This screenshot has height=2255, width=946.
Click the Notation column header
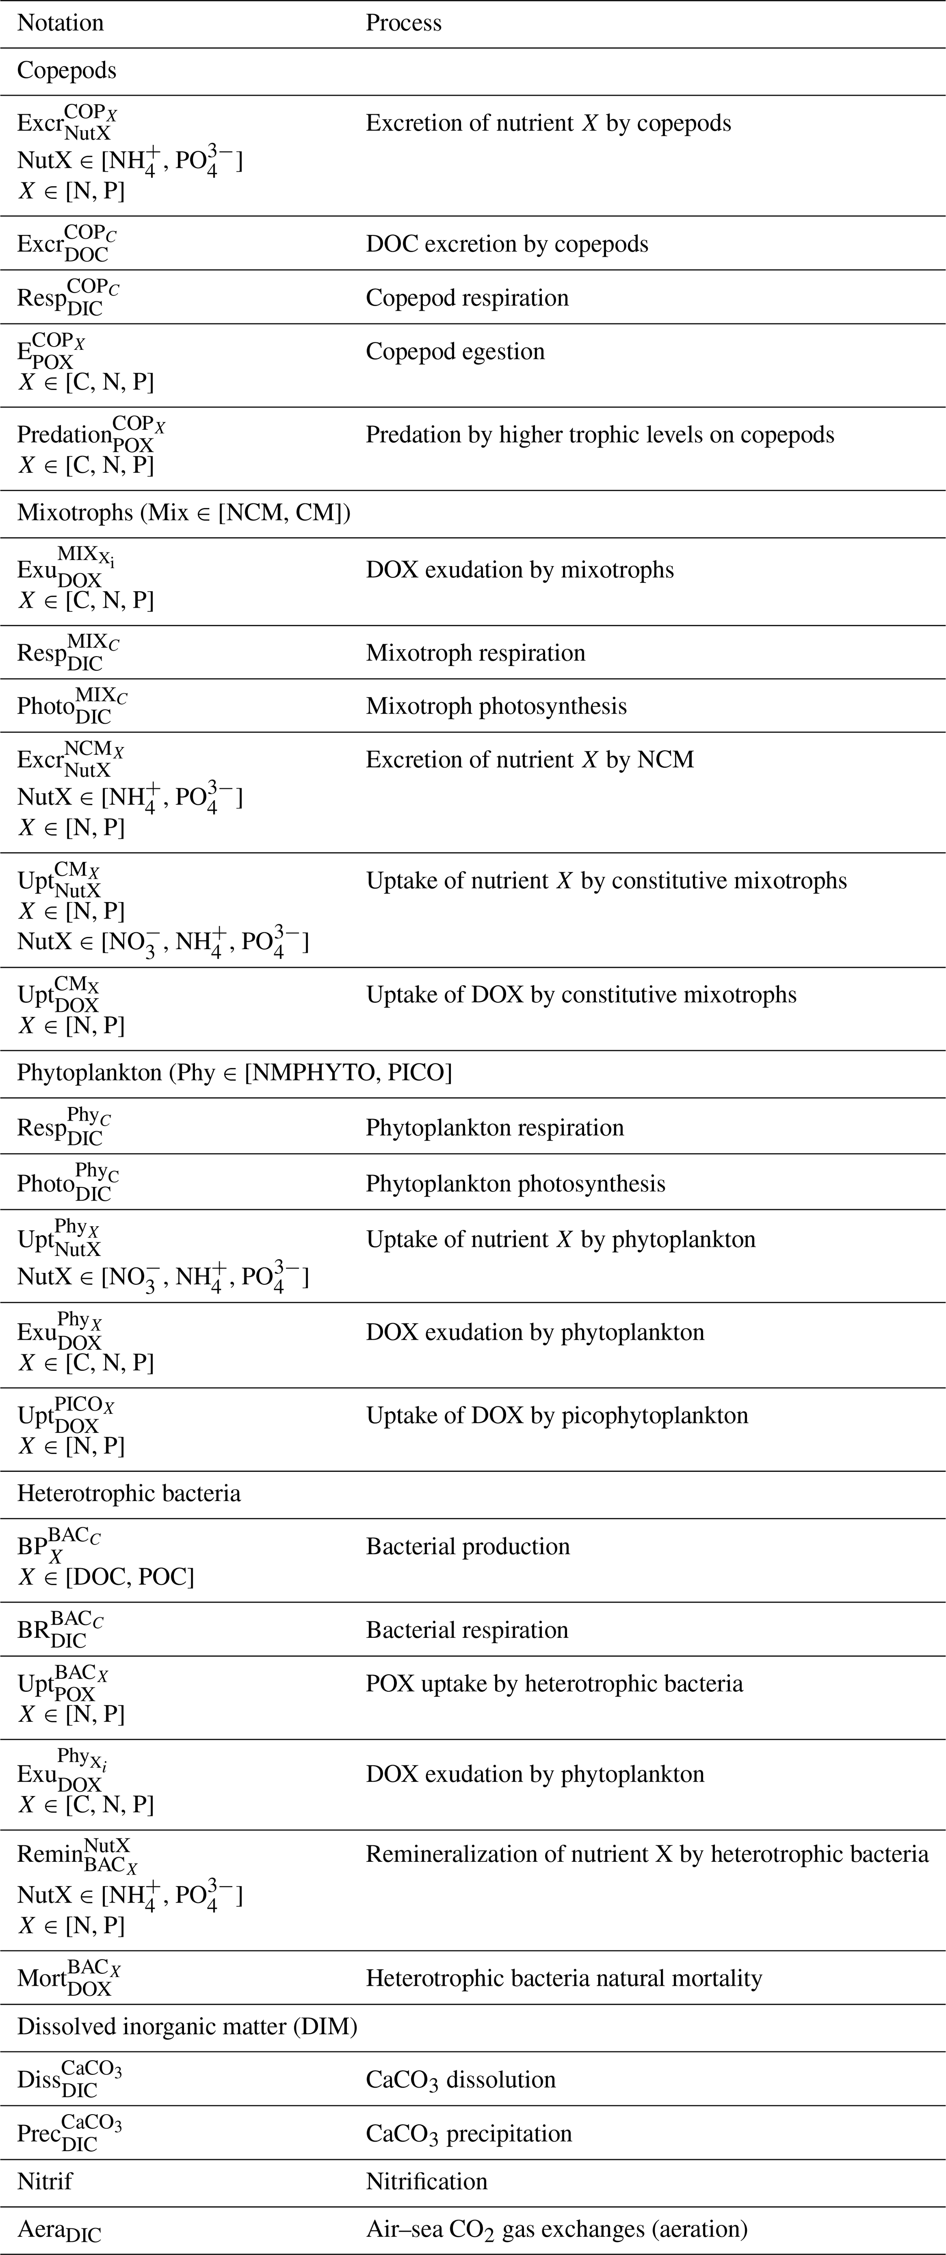(60, 23)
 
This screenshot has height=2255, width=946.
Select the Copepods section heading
(66, 71)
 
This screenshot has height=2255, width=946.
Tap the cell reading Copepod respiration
(467, 298)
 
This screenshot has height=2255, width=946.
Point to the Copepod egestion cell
(454, 352)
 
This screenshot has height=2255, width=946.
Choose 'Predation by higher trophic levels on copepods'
(599, 435)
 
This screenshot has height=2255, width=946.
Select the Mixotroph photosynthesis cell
(496, 706)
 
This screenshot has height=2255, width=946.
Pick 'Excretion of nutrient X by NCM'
(529, 760)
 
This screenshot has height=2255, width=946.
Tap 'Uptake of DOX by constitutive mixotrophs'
(581, 995)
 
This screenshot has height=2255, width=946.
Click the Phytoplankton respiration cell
(494, 1128)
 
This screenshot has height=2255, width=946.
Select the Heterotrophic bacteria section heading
(129, 1493)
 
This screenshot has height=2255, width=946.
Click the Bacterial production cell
(467, 1547)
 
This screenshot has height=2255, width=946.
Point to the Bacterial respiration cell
(467, 1630)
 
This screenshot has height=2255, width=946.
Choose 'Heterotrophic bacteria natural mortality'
(563, 1978)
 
